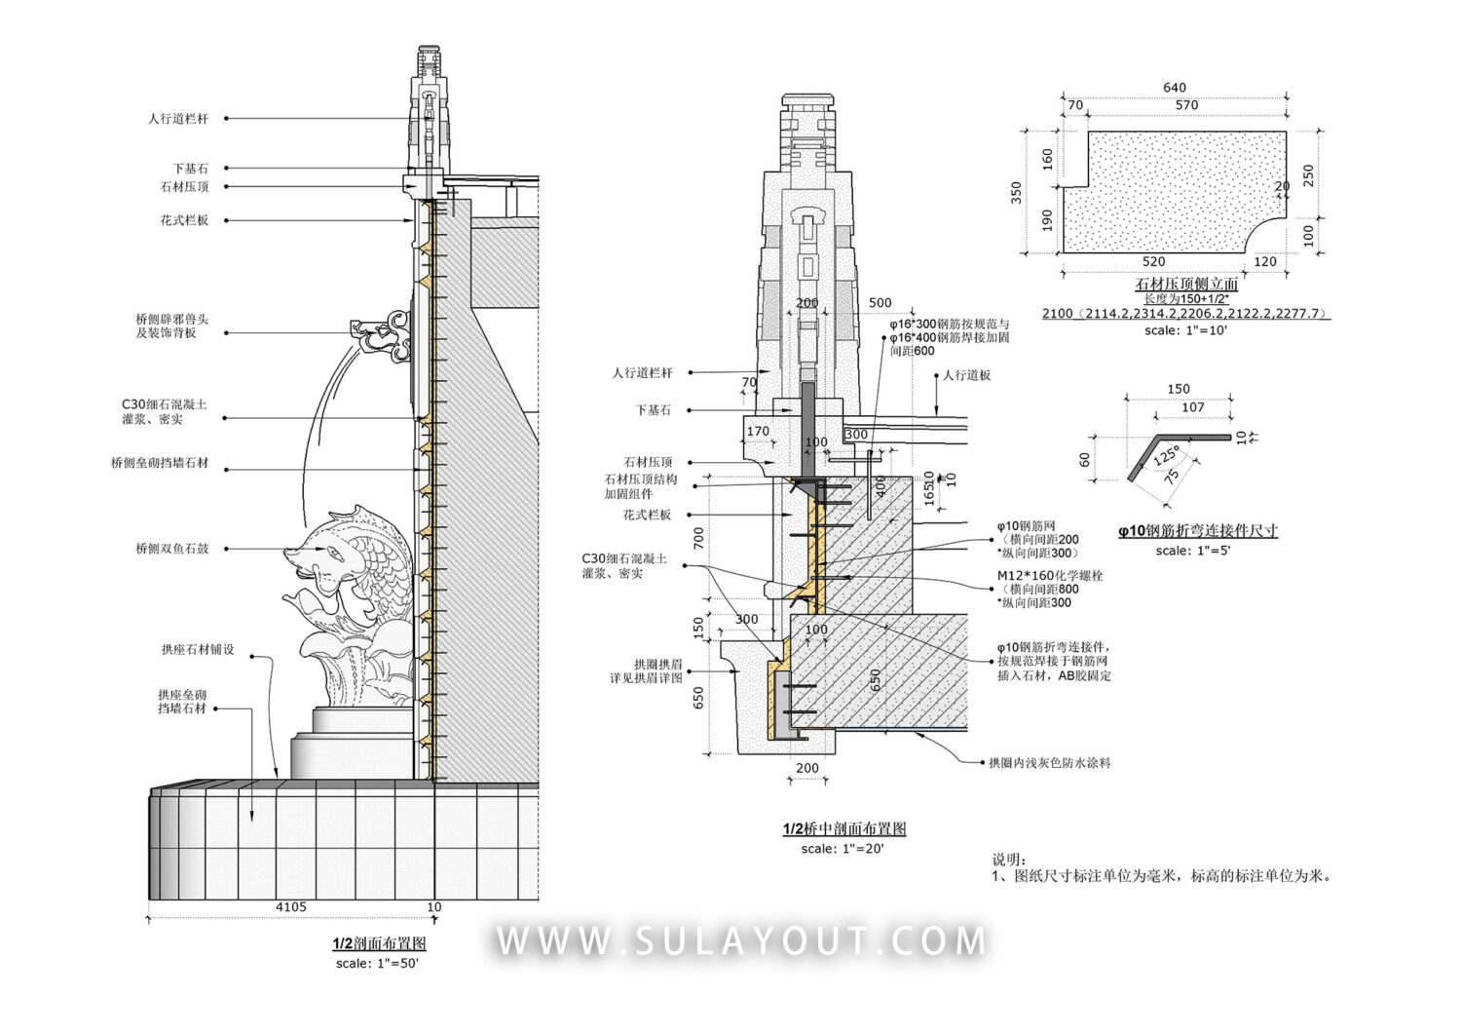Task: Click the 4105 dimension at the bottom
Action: [290, 907]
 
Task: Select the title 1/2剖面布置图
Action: [379, 943]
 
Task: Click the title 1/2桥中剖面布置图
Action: [844, 829]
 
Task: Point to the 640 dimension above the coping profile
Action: [1174, 88]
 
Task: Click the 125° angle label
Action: [1166, 455]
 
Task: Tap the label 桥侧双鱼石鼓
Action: [172, 550]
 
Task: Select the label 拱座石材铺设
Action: [198, 650]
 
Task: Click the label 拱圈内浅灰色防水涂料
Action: [1049, 763]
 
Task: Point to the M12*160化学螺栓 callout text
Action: [1050, 576]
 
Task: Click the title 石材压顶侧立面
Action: [1186, 284]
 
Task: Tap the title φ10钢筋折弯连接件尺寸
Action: [1198, 531]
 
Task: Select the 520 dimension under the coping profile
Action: [1153, 262]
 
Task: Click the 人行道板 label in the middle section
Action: [967, 375]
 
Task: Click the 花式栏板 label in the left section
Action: [184, 221]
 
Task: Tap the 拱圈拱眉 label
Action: [657, 665]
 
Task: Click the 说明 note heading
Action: [1009, 860]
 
